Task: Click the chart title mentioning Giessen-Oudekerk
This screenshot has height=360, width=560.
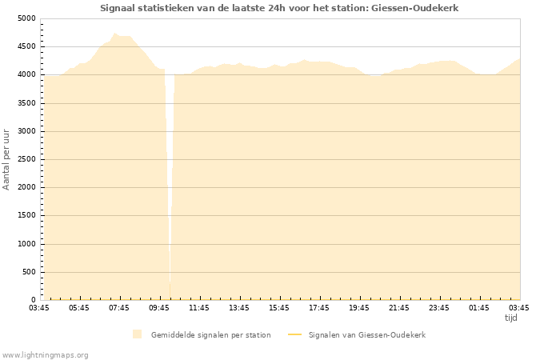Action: point(279,8)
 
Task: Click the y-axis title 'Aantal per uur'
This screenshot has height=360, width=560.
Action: point(6,158)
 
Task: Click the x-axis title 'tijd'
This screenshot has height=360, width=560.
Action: point(510,318)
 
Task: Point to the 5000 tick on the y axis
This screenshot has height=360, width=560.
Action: point(26,18)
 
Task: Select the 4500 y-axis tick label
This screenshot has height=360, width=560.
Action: point(26,46)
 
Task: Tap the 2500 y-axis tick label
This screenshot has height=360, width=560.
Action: point(26,159)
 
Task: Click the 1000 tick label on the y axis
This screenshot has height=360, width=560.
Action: point(26,244)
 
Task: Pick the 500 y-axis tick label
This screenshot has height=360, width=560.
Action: point(28,272)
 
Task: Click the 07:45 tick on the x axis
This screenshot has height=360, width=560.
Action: point(119,307)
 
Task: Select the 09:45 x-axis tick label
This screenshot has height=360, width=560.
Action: point(159,307)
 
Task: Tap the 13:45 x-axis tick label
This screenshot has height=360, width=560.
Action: point(239,307)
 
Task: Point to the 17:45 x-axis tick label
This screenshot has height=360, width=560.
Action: point(319,307)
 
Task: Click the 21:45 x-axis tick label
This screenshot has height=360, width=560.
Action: point(399,307)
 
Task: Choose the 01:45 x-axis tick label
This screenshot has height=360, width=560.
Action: point(479,307)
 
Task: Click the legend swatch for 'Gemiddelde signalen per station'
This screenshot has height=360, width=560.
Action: point(138,334)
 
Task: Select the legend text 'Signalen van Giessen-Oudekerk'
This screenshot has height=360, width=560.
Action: point(366,334)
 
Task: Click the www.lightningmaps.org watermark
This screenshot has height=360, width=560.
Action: point(46,354)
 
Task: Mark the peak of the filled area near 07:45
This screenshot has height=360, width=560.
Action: point(115,34)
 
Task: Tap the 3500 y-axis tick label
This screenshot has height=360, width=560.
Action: point(26,103)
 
